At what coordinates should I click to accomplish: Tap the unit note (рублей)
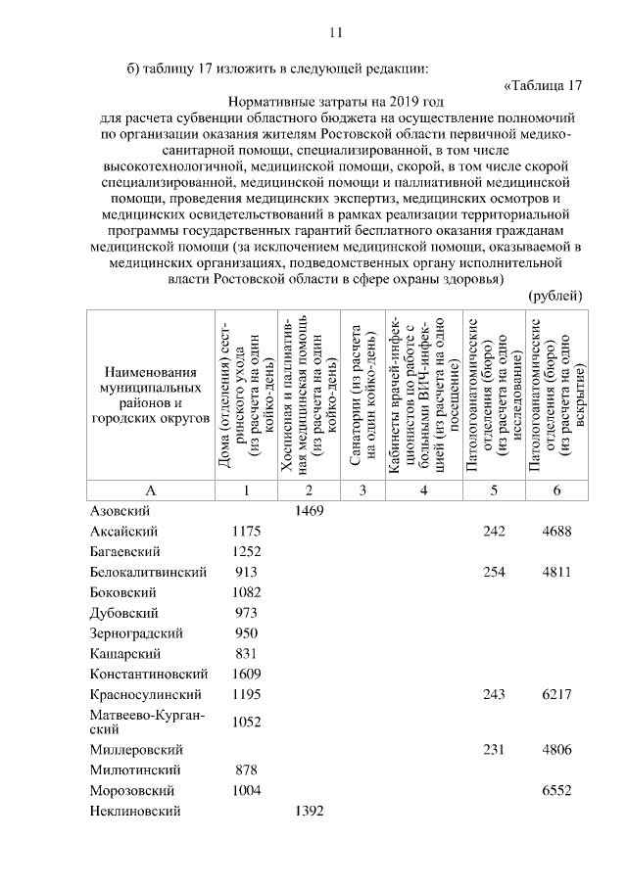point(555,296)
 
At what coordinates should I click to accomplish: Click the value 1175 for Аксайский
point(246,531)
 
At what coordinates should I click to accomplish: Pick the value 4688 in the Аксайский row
point(555,531)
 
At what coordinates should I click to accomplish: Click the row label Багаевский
point(124,551)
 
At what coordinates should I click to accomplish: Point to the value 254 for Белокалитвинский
point(492,572)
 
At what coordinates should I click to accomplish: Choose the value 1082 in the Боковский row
point(246,592)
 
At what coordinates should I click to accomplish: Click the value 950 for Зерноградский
point(246,633)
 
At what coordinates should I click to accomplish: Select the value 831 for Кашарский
point(246,654)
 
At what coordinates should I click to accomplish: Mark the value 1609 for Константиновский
point(246,675)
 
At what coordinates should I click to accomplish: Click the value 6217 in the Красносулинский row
point(555,695)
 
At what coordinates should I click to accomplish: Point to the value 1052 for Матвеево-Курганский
point(246,722)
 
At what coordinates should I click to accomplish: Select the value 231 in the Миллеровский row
point(492,749)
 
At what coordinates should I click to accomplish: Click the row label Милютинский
point(126,769)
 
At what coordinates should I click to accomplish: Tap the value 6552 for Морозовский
point(555,790)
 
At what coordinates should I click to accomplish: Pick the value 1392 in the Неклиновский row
point(309,811)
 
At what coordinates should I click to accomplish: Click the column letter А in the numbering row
point(150,490)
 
